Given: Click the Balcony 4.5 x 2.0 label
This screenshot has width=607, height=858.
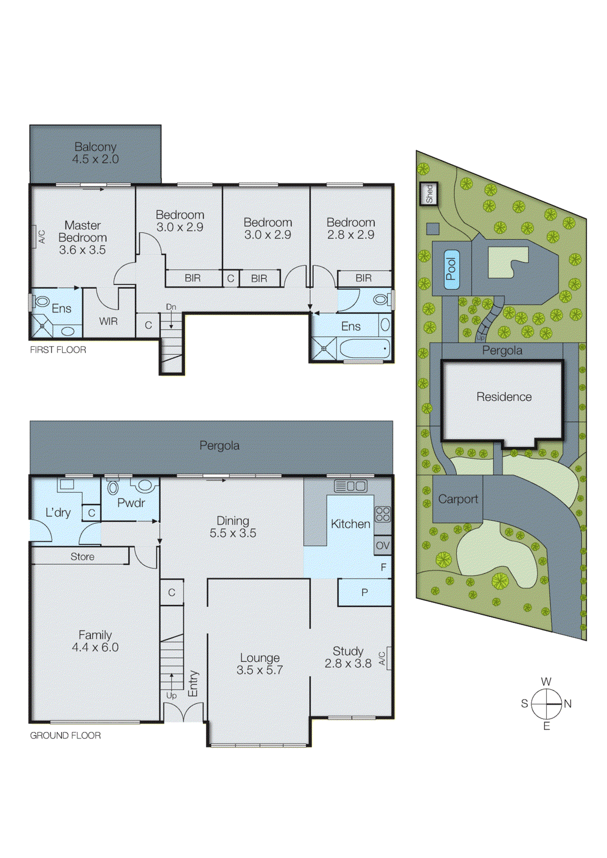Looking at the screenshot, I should [x=96, y=153].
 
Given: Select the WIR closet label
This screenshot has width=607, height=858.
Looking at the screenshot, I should [x=108, y=321].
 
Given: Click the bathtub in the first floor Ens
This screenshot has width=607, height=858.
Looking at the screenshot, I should [x=365, y=349].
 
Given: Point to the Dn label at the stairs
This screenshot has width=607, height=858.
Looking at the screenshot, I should [x=171, y=307].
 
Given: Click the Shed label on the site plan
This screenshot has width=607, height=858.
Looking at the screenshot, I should [x=429, y=194].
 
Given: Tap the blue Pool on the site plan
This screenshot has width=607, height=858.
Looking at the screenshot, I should [x=451, y=269].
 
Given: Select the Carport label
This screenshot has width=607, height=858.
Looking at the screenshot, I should [x=458, y=499].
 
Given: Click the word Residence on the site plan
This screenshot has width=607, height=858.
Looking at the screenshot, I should [x=504, y=397].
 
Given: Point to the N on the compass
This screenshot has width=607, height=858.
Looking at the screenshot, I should [x=568, y=704].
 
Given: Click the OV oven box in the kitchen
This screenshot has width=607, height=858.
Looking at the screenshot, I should [x=383, y=545].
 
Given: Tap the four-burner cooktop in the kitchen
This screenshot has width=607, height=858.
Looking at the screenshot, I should [x=383, y=514].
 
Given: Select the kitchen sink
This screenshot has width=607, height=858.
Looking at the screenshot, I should [x=350, y=486].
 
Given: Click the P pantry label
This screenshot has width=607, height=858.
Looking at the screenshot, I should [x=364, y=593].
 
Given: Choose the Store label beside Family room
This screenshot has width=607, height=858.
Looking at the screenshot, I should [x=82, y=557].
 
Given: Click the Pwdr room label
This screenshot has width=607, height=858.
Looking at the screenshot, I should [x=131, y=503].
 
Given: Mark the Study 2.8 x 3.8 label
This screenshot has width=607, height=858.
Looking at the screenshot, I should [x=348, y=657].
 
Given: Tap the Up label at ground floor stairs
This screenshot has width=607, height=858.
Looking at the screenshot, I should [x=171, y=696].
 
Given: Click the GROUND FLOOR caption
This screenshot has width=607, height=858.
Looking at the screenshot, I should [x=65, y=736].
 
